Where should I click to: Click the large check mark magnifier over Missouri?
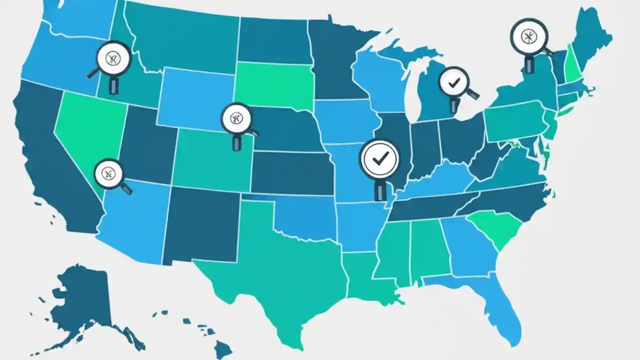(x=380, y=158)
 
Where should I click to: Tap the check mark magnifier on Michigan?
(x=454, y=83)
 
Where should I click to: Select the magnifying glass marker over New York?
(x=529, y=37)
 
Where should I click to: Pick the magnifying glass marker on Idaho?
(x=114, y=59)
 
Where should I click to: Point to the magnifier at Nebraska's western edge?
(x=236, y=118)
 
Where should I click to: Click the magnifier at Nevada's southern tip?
(x=109, y=173)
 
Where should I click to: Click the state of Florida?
(x=500, y=310)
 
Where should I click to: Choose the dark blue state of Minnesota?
(x=335, y=60)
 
